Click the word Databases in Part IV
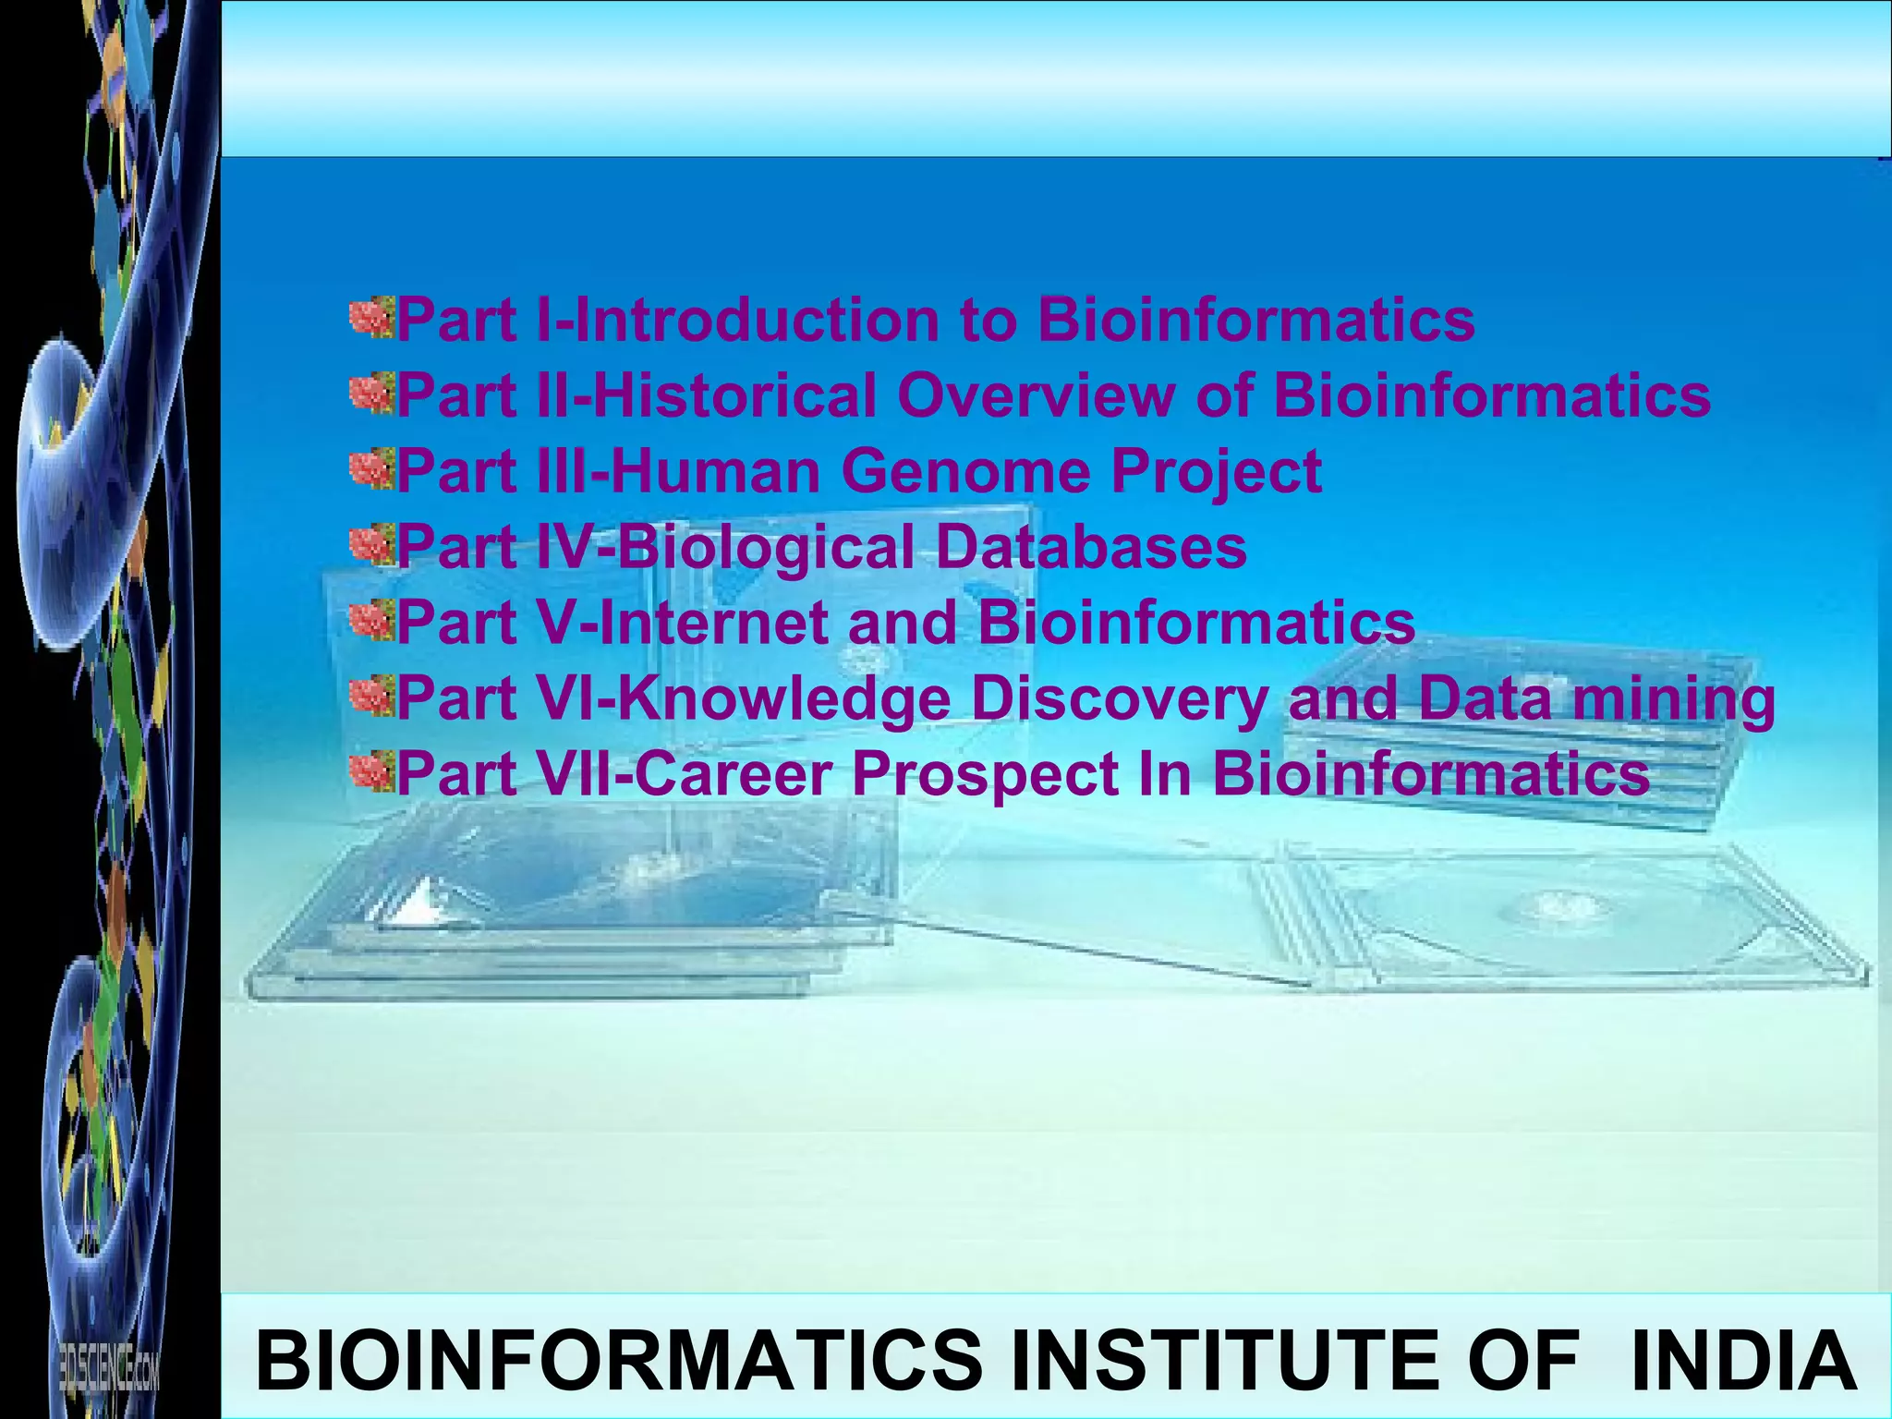[x=1091, y=547]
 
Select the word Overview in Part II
[x=1036, y=395]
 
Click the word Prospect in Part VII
[x=985, y=775]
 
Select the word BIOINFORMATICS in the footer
[x=618, y=1360]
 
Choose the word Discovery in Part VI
[x=1119, y=699]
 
